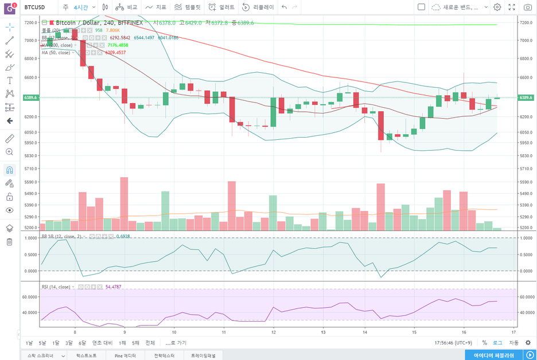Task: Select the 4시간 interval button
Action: pos(80,7)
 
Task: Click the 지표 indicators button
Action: pos(156,7)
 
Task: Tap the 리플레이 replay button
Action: pos(258,7)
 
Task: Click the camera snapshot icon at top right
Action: pos(527,7)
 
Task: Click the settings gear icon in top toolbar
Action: pos(497,7)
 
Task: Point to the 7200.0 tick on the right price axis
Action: pos(526,22)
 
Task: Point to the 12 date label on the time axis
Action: pos(274,332)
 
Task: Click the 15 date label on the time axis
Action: pos(414,332)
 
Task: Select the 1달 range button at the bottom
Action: pos(56,343)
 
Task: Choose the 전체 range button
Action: pos(150,343)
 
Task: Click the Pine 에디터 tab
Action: pos(126,355)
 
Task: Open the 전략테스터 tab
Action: pos(164,355)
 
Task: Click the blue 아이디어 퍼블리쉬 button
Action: pos(493,355)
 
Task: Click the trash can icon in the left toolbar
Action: pos(9,242)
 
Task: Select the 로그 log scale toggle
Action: pos(497,343)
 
